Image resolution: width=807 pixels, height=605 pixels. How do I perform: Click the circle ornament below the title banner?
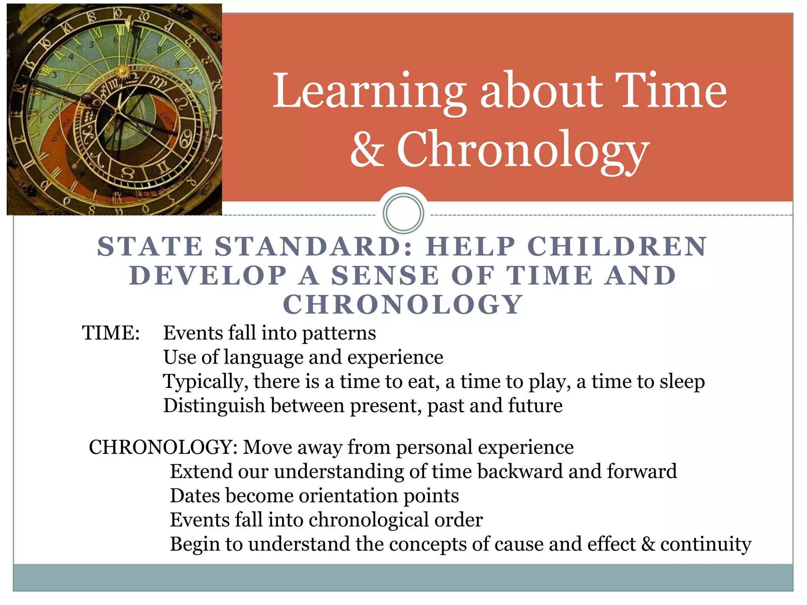(x=403, y=213)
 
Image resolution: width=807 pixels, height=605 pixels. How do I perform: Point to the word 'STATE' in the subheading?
(x=150, y=247)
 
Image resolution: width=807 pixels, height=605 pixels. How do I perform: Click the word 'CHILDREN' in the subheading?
(x=617, y=247)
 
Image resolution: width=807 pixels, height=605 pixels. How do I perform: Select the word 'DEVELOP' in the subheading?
(x=208, y=275)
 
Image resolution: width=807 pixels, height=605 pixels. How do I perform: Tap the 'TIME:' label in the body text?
(x=111, y=333)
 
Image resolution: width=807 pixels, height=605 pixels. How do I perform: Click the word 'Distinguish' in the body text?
(x=214, y=406)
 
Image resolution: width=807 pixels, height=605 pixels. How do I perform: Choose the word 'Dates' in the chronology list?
(x=195, y=496)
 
